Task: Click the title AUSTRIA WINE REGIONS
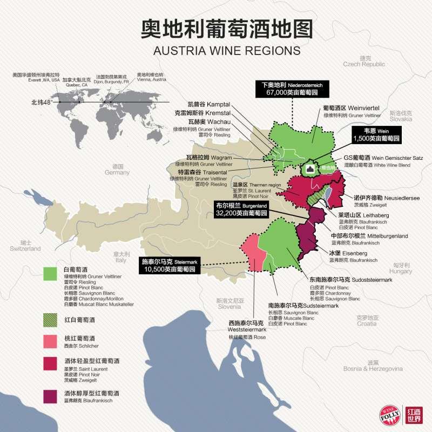pyautogui.click(x=227, y=50)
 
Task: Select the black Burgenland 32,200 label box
pyautogui.click(x=241, y=210)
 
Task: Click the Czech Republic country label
pyautogui.click(x=364, y=61)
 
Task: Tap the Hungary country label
pyautogui.click(x=400, y=268)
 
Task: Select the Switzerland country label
pyautogui.click(x=25, y=246)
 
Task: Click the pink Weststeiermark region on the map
pyautogui.click(x=250, y=254)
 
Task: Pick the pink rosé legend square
pyautogui.click(x=51, y=340)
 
